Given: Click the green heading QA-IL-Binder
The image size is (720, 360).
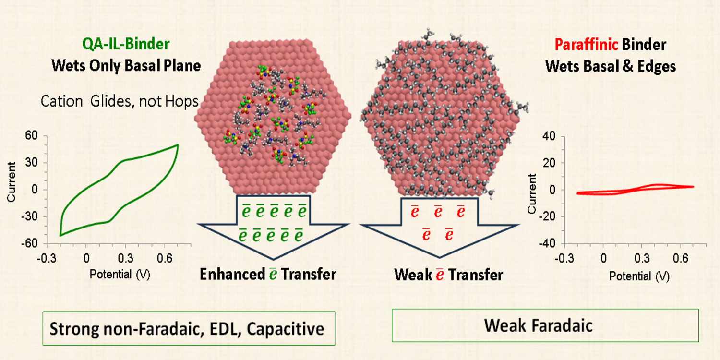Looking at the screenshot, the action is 126,44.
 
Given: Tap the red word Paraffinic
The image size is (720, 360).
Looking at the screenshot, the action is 586,45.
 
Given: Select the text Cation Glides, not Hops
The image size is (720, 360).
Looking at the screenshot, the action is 119,102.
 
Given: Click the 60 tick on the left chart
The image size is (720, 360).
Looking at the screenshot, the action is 32,136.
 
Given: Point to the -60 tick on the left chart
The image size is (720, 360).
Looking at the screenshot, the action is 30,244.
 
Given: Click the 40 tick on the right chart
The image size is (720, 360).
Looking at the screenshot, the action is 549,136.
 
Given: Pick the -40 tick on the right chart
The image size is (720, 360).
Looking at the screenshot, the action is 547,244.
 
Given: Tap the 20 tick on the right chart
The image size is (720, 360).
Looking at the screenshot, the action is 549,163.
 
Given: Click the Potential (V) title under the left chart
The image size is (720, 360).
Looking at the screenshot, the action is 120,275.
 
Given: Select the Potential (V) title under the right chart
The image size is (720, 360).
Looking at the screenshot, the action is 639,276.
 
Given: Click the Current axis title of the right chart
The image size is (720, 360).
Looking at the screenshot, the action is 532,193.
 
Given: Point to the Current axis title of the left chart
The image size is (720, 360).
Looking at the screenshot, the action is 11,182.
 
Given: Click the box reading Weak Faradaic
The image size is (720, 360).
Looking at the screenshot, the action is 545,325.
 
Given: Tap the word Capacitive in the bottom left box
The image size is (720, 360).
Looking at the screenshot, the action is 286,329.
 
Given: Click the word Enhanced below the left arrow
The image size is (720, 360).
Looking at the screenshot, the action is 232,275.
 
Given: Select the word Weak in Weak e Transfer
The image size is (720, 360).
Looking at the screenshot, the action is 413,275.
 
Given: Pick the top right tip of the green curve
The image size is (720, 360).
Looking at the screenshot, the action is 178,145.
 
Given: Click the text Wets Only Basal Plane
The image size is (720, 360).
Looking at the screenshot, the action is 126,66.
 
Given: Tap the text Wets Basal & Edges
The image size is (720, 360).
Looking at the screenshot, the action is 611,67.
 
